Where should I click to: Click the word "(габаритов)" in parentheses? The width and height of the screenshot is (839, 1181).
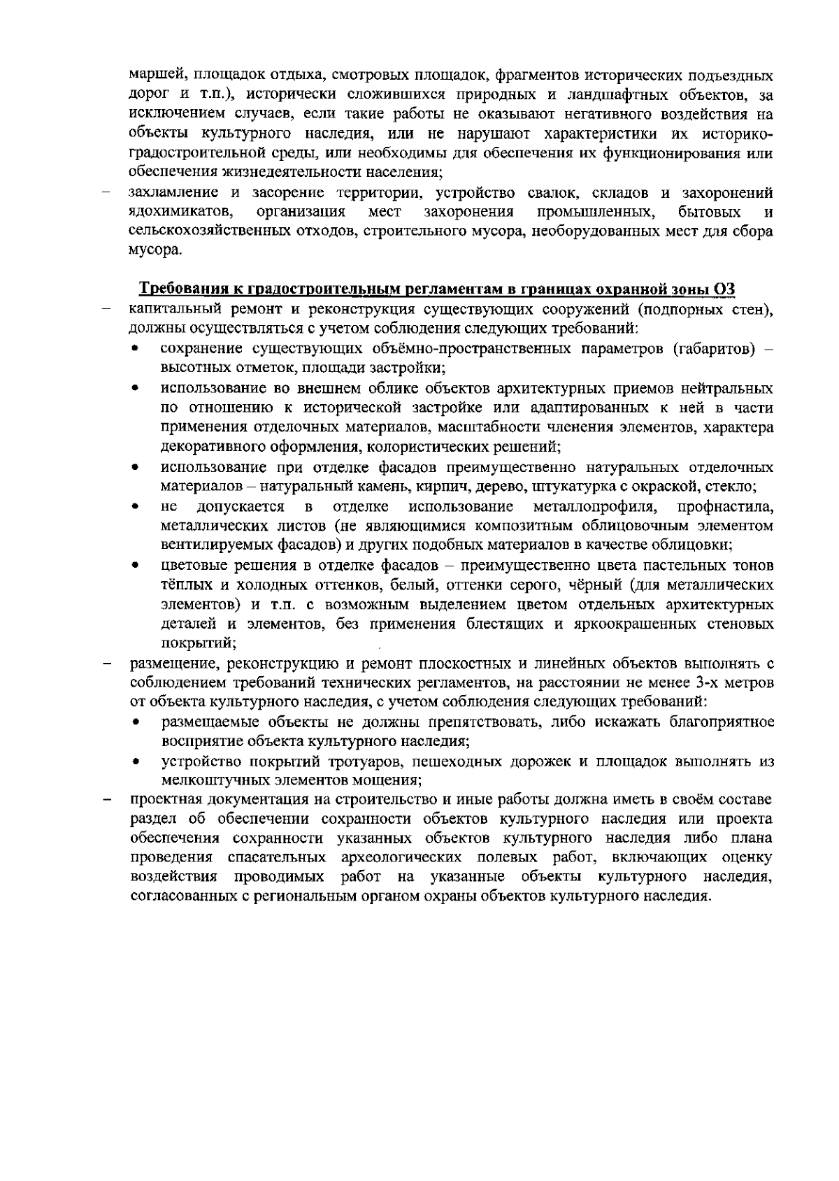click(713, 349)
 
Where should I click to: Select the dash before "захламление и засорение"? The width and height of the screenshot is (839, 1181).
click(108, 192)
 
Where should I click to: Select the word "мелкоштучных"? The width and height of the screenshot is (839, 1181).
click(204, 779)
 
